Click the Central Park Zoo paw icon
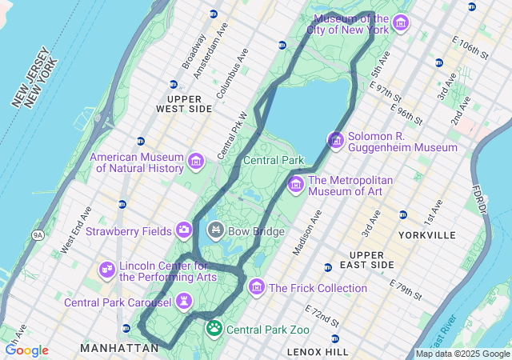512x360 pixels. (x=214, y=328)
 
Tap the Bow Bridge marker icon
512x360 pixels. (x=215, y=231)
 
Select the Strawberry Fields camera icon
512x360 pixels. (x=184, y=231)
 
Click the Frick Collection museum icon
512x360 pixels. (x=257, y=287)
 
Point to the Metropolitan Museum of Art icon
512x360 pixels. (x=295, y=185)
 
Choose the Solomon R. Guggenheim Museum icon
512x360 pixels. (x=336, y=141)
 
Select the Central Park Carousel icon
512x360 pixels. (x=185, y=302)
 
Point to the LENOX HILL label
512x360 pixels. (x=318, y=352)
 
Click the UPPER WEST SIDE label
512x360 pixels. (x=184, y=103)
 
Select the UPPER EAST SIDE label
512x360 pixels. (x=372, y=259)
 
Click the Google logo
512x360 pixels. (x=26, y=350)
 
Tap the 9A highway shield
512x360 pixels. (x=37, y=234)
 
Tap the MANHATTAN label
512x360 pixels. (x=120, y=348)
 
